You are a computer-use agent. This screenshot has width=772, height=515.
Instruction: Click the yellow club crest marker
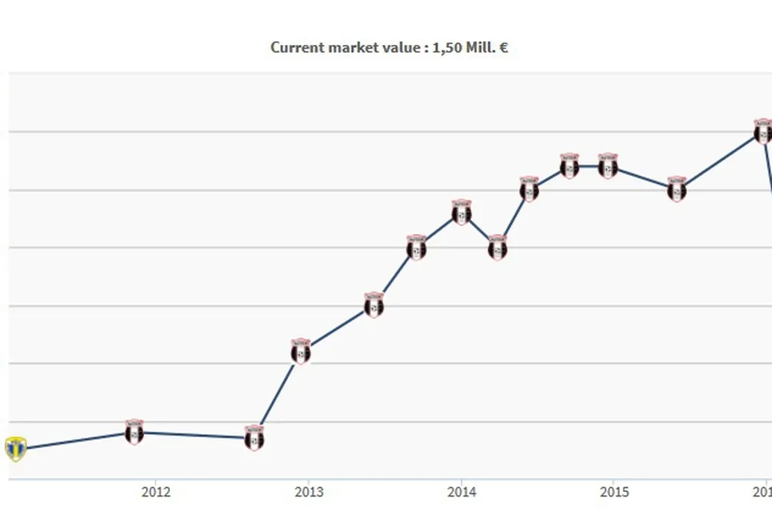15,448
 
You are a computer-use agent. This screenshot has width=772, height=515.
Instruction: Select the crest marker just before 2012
134,433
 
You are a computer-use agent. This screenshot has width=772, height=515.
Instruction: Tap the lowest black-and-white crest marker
254,438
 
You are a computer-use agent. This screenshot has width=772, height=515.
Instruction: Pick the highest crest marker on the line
763,132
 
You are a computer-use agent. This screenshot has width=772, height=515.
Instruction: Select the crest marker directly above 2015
607,166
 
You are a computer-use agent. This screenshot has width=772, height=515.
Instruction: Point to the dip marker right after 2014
498,248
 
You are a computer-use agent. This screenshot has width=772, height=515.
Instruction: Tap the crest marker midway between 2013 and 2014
374,305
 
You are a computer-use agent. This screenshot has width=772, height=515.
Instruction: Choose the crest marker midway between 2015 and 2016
677,190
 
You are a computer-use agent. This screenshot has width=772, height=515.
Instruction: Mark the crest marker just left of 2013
301,352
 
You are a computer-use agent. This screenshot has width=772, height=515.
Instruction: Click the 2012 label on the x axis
156,491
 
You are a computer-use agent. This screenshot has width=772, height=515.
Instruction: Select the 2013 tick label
309,491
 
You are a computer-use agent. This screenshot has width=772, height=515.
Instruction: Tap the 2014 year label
461,491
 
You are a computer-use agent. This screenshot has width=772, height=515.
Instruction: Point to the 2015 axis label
613,491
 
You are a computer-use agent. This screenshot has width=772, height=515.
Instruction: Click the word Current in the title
294,48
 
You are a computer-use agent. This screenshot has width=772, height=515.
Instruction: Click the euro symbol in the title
504,48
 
